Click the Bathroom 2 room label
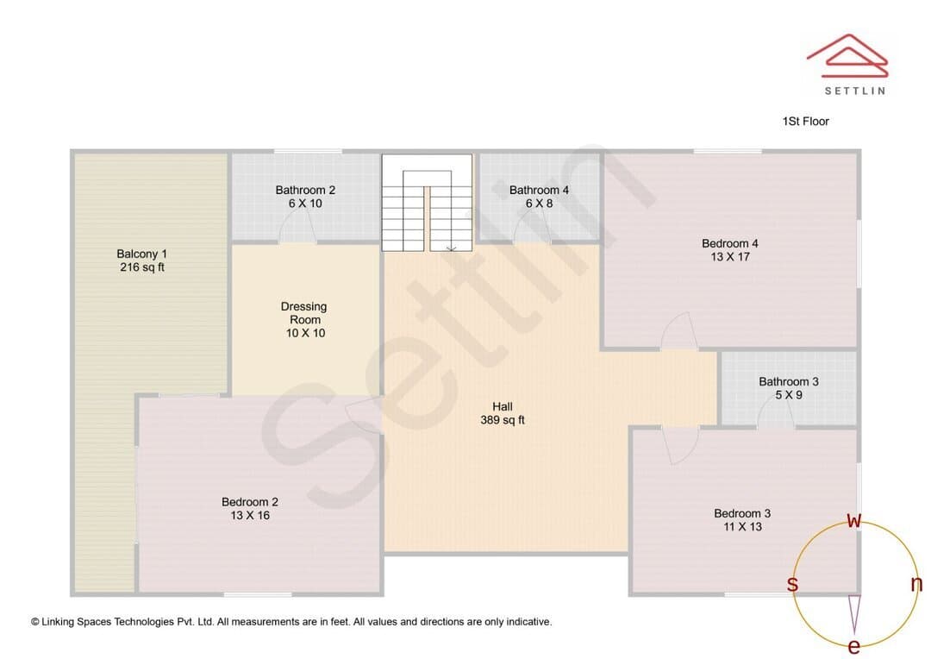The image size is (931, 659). coord(305,190)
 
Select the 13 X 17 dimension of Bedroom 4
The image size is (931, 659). coord(730,257)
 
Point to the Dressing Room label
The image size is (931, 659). coord(304,313)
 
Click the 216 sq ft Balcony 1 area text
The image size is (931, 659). coord(142,267)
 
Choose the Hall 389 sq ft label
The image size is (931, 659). coord(503,413)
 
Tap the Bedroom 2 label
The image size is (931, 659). coord(249,502)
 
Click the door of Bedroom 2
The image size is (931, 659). coord(364,416)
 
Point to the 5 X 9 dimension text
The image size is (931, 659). coord(789,395)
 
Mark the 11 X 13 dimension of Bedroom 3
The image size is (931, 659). coord(742,526)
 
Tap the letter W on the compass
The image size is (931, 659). coord(853,520)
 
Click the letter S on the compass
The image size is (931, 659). coord(792,584)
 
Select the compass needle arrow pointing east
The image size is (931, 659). coord(854,614)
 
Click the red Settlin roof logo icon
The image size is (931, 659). coord(847,55)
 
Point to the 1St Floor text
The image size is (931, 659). coord(805,122)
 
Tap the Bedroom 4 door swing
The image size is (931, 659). coord(679,330)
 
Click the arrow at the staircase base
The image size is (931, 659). coord(451,247)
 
